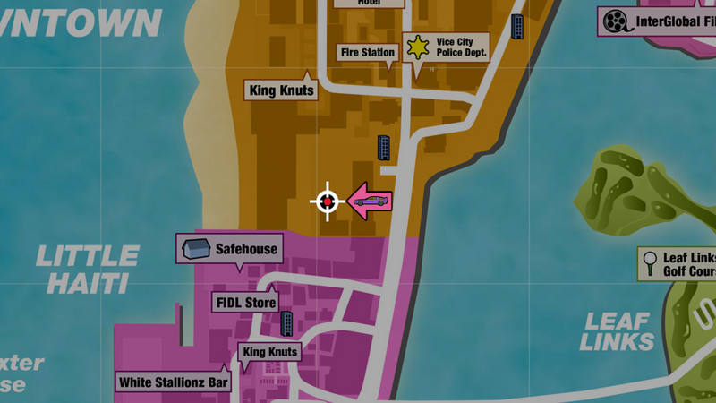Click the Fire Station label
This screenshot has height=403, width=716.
pos(367,53)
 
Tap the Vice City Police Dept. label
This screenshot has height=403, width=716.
pos(460,47)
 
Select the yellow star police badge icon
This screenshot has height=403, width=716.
pos(416,47)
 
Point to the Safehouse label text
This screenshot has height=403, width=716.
pos(246,249)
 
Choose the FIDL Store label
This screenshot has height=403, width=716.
pos(245,303)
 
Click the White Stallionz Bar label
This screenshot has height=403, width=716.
pos(174,382)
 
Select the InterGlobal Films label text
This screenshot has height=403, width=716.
pos(675,22)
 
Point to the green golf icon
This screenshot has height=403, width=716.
pos(649,262)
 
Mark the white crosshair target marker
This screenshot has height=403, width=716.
pos(328,202)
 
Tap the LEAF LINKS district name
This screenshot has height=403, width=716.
pos(618,331)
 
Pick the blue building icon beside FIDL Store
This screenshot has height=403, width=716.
pos(288,323)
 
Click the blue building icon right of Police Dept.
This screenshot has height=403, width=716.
pos(518,26)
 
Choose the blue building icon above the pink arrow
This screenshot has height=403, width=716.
pos(385,147)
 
